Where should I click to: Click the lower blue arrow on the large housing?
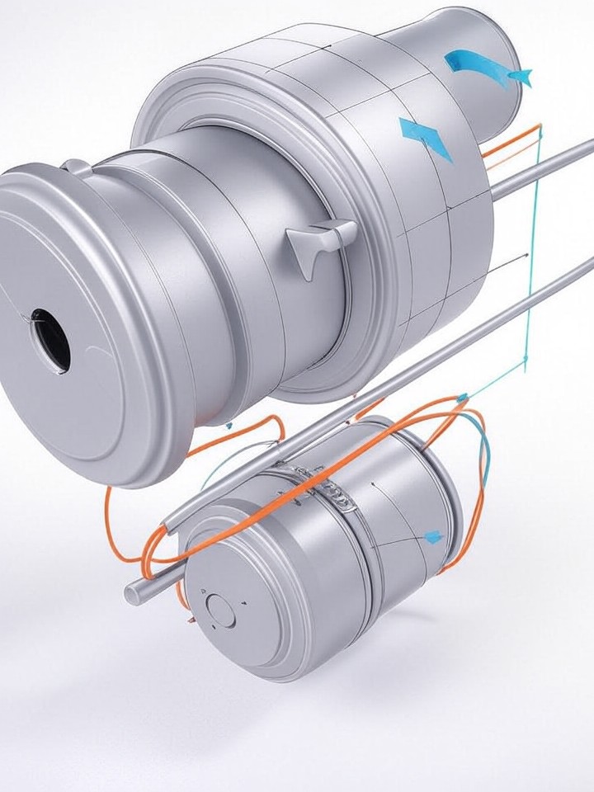click(x=426, y=137)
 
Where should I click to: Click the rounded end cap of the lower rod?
click(x=133, y=592)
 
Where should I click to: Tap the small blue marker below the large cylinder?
click(x=228, y=427)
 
